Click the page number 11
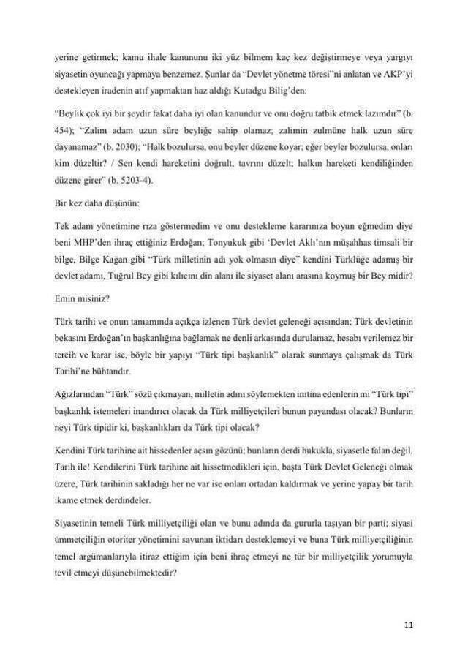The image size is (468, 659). coord(408,624)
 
